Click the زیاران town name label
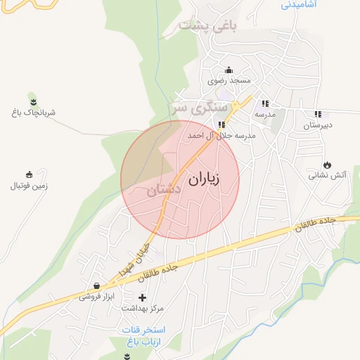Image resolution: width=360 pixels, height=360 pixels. (205, 179)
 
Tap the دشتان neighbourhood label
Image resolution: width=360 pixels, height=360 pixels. (165, 190)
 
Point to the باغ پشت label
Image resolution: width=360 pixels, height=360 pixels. (208, 26)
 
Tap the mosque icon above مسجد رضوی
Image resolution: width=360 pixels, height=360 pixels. (229, 70)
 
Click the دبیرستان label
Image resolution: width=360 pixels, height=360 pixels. (317, 125)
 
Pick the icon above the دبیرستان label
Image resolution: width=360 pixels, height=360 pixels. (318, 114)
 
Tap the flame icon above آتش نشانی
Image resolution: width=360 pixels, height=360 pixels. (326, 164)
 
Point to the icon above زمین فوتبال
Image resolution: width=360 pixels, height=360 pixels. (29, 175)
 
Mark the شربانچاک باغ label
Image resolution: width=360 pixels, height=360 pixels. (33, 112)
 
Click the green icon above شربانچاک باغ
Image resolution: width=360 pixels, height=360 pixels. (32, 99)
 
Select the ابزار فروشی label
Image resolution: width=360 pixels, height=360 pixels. (95, 297)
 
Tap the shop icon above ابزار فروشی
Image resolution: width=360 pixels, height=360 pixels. (96, 286)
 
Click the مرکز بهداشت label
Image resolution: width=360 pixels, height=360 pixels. (143, 308)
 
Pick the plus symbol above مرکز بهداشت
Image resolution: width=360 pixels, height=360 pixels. (143, 297)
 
